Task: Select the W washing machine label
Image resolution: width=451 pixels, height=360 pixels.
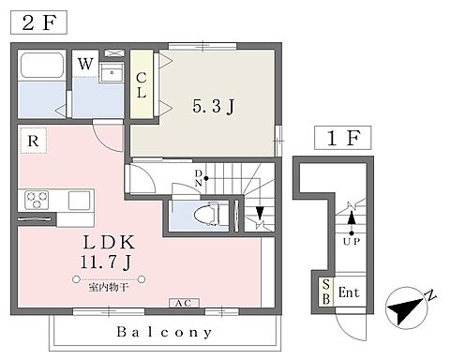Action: tap(84, 64)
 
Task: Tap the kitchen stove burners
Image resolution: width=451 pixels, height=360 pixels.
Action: tap(38, 199)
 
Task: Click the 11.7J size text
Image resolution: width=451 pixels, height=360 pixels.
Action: tap(103, 260)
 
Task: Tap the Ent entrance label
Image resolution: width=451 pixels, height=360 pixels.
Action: tap(349, 291)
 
